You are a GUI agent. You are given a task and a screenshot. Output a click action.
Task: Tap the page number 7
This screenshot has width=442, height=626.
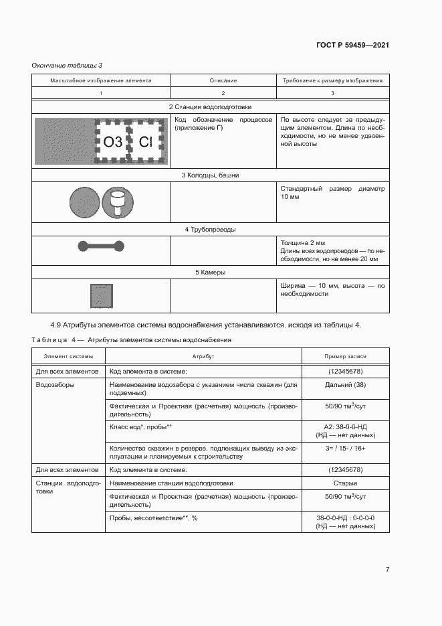387,570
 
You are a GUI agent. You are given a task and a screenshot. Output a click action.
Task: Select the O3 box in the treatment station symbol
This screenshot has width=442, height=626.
113,141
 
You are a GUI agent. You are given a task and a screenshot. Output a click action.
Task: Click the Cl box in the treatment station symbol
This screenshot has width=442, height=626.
146,141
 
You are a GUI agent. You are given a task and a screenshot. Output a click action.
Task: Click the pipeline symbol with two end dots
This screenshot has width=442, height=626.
101,246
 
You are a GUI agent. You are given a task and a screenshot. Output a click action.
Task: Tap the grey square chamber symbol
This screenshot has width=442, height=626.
101,295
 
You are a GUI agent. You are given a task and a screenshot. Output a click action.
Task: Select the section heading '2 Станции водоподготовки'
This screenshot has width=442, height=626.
210,107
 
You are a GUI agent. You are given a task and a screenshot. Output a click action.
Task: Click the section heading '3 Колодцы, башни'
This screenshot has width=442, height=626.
210,175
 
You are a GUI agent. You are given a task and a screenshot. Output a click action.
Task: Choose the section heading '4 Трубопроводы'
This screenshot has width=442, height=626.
210,230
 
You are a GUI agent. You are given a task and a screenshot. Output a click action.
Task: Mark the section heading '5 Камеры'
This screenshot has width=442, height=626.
210,272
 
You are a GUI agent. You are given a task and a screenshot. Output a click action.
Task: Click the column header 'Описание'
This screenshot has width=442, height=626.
223,80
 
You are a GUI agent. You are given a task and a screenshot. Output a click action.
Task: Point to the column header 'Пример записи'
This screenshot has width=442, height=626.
345,358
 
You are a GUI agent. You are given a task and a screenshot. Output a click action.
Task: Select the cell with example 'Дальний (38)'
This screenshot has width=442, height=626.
345,386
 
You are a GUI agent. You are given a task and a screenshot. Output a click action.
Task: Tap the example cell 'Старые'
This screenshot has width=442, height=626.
345,483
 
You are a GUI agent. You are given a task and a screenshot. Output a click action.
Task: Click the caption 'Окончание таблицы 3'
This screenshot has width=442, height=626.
67,64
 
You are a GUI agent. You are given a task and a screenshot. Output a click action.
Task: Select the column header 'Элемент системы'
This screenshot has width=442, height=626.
68,358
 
